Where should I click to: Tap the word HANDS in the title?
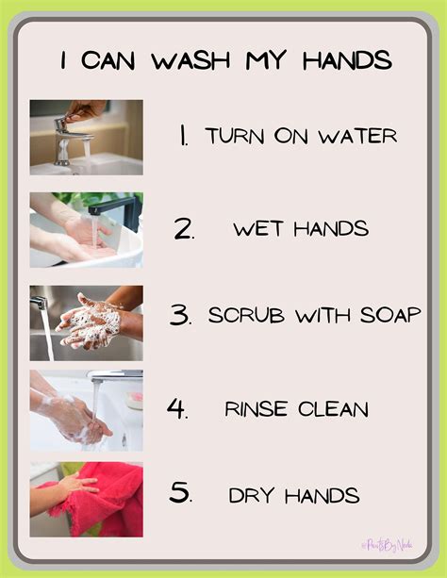[x=347, y=61]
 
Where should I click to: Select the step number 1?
[x=183, y=136]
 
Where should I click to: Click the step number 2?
[x=184, y=228]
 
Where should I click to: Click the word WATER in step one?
[x=362, y=136]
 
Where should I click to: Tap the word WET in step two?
[x=254, y=228]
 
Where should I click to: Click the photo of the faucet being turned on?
[x=86, y=138]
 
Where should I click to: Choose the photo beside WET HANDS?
[x=86, y=230]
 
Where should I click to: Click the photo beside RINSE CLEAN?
[x=86, y=410]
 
